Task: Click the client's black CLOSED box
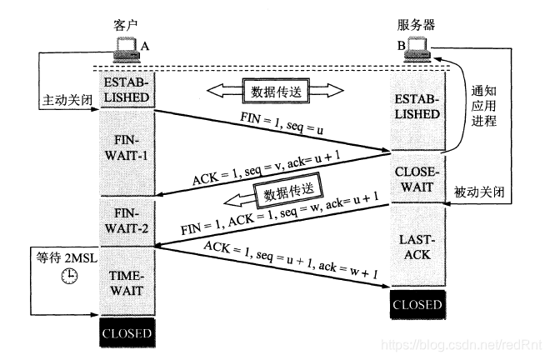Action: [127, 334]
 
